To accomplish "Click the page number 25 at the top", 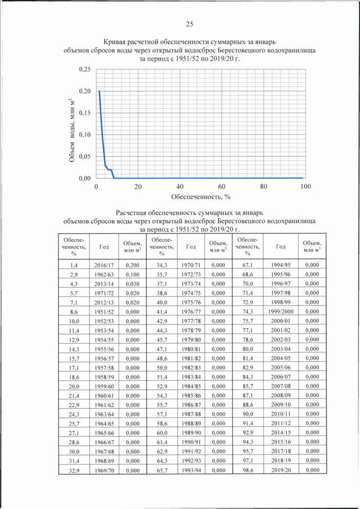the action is pyautogui.click(x=190, y=24).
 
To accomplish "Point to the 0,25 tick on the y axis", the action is pyautogui.click(x=85, y=70).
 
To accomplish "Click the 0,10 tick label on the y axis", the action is pyautogui.click(x=85, y=135).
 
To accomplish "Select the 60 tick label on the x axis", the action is pyautogui.click(x=222, y=187).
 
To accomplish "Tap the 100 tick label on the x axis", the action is pyautogui.click(x=305, y=187).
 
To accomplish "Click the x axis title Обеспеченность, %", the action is pyautogui.click(x=201, y=197).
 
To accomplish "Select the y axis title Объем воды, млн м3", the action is pyautogui.click(x=73, y=130).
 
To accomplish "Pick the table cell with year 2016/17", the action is pyautogui.click(x=104, y=265).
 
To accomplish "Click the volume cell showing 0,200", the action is pyautogui.click(x=132, y=265).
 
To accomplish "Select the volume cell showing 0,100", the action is pyautogui.click(x=132, y=274).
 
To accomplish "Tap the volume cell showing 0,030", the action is pyautogui.click(x=132, y=284).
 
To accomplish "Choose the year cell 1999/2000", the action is pyautogui.click(x=281, y=312).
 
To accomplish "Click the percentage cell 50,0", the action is pyautogui.click(x=161, y=368).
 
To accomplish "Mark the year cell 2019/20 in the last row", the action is pyautogui.click(x=281, y=470).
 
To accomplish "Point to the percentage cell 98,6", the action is pyautogui.click(x=247, y=470).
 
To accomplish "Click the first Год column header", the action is pyautogui.click(x=104, y=247).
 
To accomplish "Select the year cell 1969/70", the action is pyautogui.click(x=104, y=470).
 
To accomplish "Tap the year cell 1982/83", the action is pyautogui.click(x=191, y=368).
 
